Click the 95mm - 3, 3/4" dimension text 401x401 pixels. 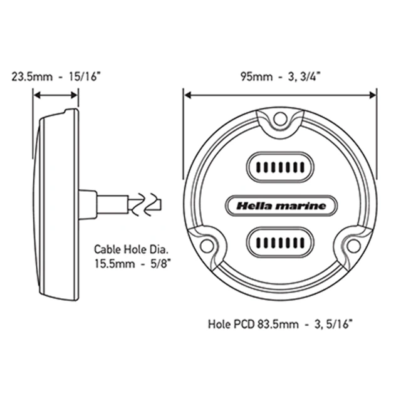[x=279, y=78]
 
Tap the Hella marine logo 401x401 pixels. [x=279, y=204]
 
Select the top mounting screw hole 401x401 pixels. [x=281, y=117]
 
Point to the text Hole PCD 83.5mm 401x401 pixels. [x=244, y=325]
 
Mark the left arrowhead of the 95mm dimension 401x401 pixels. [x=187, y=96]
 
